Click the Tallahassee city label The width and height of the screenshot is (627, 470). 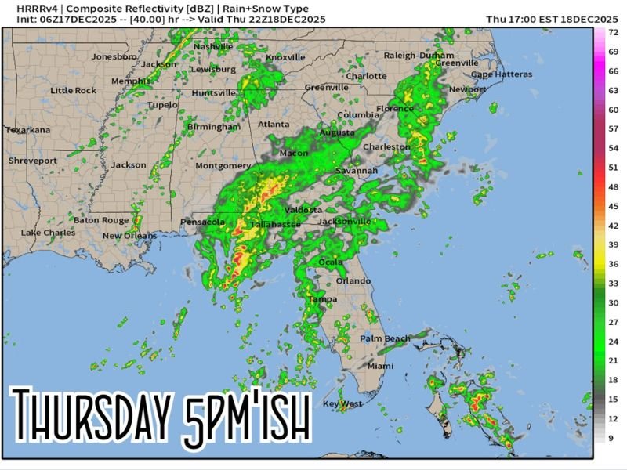coord(275,225)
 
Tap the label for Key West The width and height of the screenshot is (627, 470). coord(342,403)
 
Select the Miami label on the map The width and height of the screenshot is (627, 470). coord(381,366)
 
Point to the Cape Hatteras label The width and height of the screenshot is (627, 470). coord(501,74)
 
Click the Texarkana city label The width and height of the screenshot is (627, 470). coord(28,130)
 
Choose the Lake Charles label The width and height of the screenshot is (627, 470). coord(48,233)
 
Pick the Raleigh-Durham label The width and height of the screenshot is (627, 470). coord(419,56)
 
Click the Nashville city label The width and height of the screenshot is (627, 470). coord(213,47)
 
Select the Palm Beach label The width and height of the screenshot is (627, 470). coord(385,338)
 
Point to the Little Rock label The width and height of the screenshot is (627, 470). coord(74,91)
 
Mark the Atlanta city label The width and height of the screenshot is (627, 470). coord(274,125)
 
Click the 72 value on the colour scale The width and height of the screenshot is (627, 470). coord(614,32)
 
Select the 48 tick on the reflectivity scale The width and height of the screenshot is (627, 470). coord(614,187)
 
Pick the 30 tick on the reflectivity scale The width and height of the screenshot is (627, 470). coord(614,302)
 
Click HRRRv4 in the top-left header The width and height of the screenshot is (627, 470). coord(29,9)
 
